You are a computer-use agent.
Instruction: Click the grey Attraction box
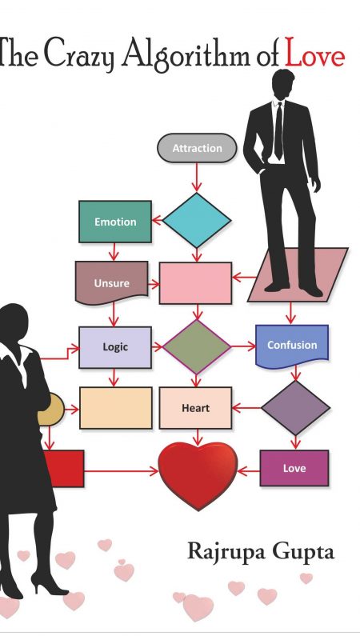(x=197, y=148)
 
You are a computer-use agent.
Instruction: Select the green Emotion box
(x=115, y=222)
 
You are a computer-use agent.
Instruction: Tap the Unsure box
(x=112, y=283)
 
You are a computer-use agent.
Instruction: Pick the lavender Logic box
(x=115, y=347)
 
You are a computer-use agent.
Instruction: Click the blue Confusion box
(x=292, y=346)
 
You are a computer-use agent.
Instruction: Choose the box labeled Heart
(x=195, y=408)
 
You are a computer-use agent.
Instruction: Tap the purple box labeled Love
(x=294, y=468)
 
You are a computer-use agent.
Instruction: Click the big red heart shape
(x=198, y=474)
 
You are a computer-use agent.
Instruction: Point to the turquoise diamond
(x=197, y=221)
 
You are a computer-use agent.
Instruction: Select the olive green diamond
(x=197, y=347)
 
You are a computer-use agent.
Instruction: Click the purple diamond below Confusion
(x=295, y=408)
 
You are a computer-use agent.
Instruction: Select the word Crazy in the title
(x=78, y=56)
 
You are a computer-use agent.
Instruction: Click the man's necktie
(x=278, y=130)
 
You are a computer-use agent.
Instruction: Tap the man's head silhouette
(x=282, y=84)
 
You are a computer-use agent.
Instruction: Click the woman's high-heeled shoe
(x=48, y=584)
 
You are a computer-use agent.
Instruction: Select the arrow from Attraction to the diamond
(x=197, y=177)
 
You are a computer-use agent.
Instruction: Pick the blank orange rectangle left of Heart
(x=116, y=408)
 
